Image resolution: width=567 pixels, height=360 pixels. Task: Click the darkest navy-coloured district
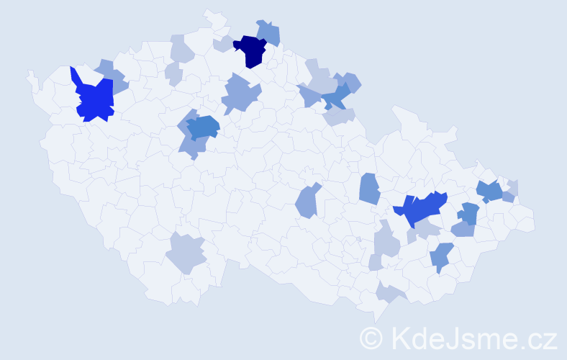coord(252,50)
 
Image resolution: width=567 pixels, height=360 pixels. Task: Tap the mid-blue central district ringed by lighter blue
coord(204,127)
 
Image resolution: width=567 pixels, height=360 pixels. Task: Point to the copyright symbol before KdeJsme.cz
coord(371,338)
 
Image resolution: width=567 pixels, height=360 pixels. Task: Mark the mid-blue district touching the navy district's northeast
coord(270,32)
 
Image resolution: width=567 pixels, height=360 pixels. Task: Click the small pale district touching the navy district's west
coord(223,44)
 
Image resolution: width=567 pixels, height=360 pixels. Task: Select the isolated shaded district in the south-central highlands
coord(307,202)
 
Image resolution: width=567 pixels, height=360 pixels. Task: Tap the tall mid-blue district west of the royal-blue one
coord(369,189)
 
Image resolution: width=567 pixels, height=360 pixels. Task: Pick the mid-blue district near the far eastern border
coord(489,191)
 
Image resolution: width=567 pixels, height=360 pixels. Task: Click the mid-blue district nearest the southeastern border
coord(440,256)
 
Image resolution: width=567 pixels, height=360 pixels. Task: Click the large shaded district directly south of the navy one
coord(239,94)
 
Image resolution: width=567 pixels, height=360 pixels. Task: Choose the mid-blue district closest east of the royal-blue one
coord(468,213)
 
